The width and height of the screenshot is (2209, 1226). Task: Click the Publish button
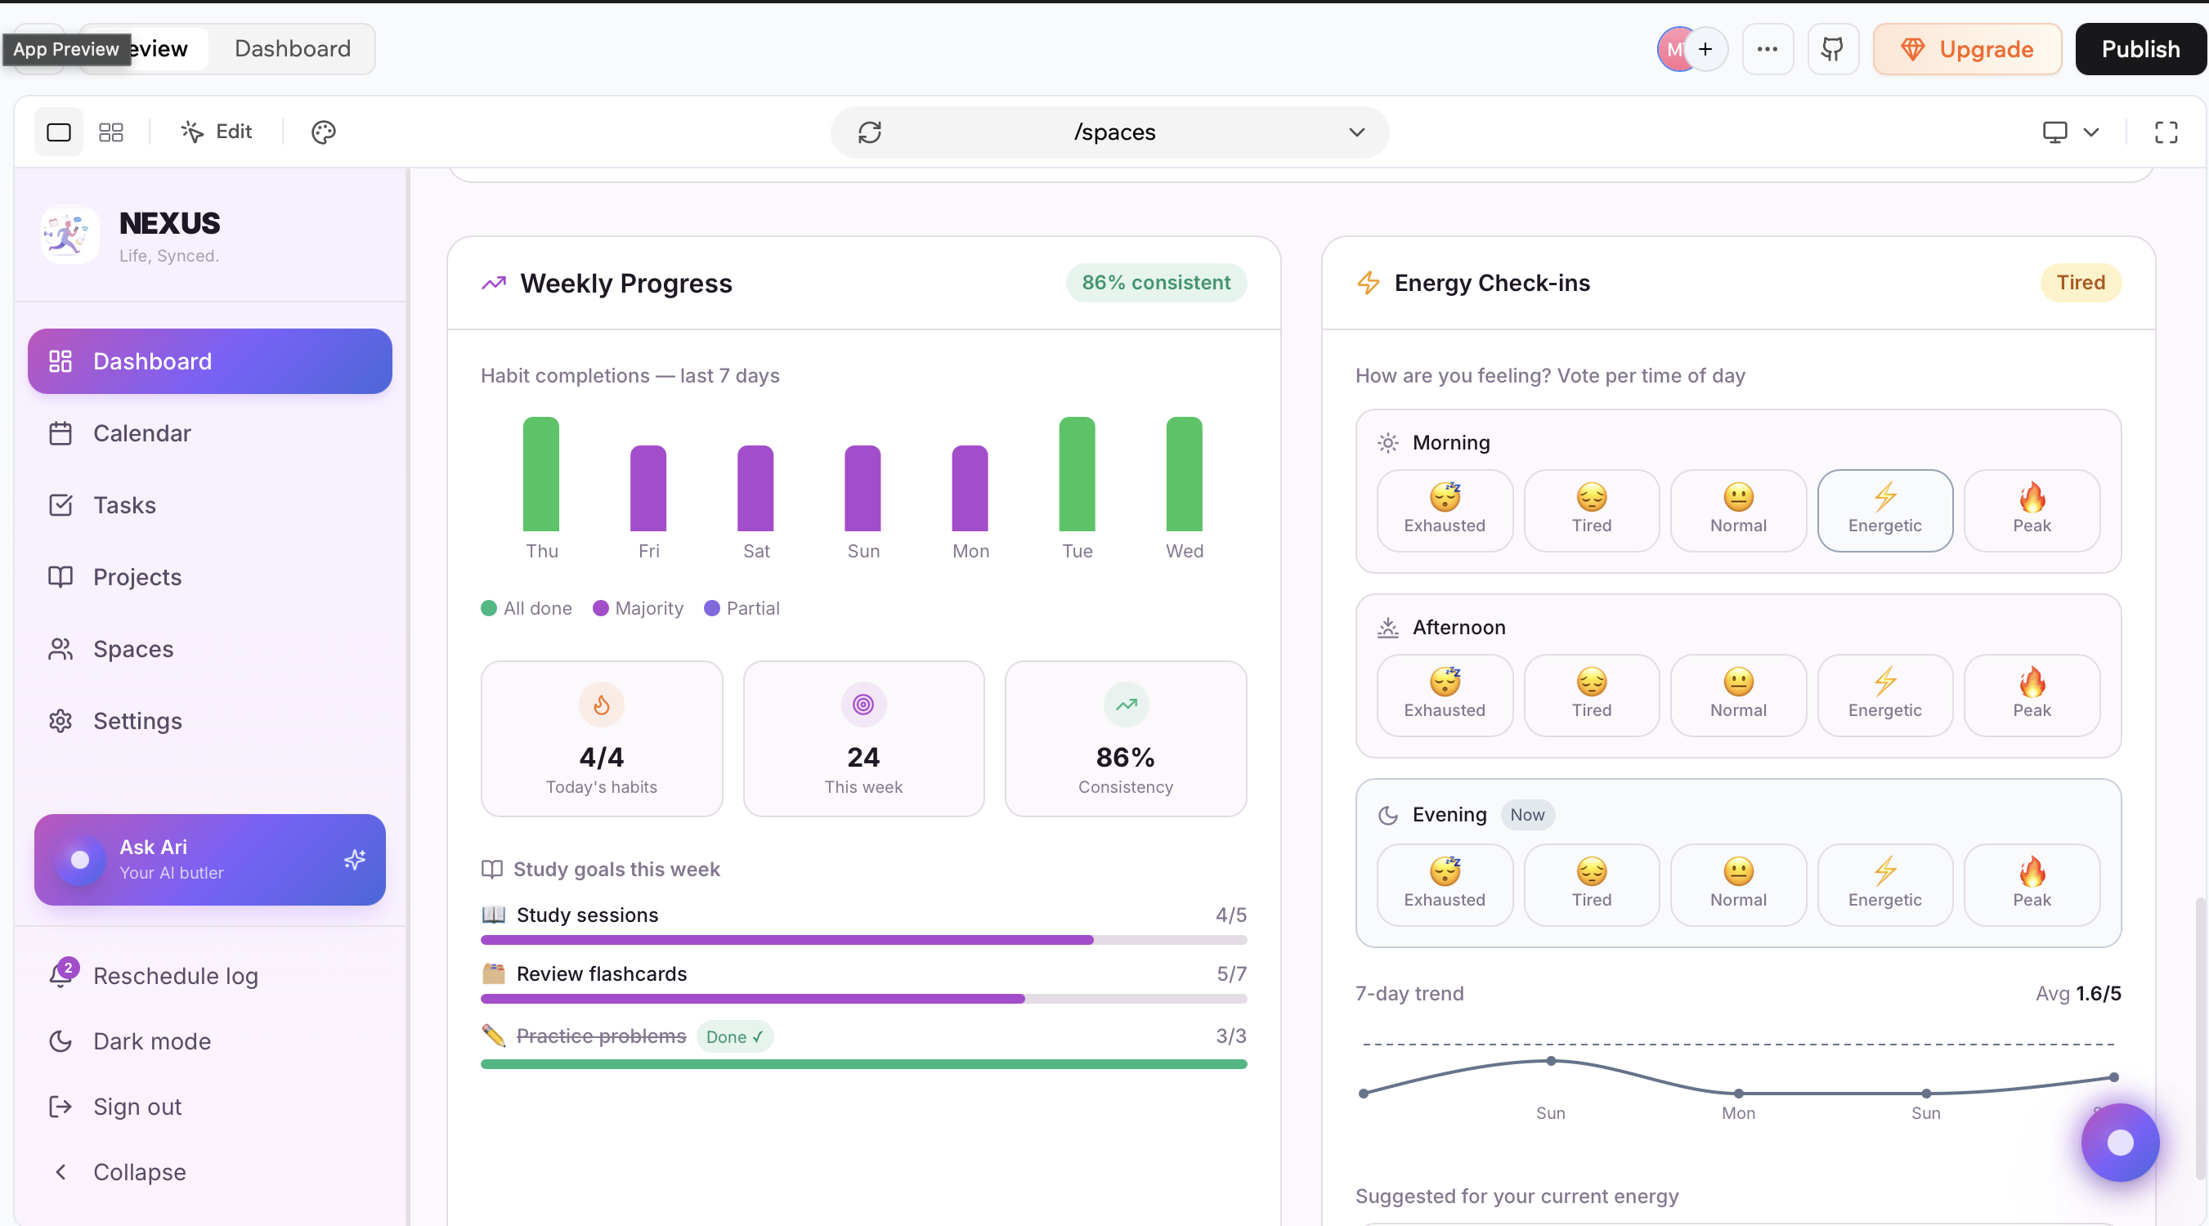coord(2140,49)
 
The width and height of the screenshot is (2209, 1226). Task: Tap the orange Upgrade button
coord(1967,49)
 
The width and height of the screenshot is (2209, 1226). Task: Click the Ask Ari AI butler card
coord(210,859)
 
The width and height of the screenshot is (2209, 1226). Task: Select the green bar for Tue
coord(1077,474)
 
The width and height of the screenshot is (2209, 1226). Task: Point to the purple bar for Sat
coord(755,489)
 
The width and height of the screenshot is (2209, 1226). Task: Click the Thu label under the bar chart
coord(542,550)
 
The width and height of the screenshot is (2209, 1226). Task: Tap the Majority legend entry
coord(638,608)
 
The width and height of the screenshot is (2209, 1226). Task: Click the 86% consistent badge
coord(1156,282)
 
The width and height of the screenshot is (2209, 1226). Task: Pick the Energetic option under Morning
coord(1885,510)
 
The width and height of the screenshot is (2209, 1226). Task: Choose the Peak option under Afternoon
coord(2032,696)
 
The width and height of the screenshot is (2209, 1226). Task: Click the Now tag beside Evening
coord(1527,815)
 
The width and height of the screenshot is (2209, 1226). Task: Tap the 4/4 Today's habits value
coord(601,757)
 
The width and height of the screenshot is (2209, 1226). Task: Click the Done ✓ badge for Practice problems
coord(735,1036)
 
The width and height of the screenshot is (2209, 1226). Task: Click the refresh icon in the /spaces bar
coord(870,132)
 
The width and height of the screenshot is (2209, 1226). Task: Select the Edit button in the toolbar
coord(216,131)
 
